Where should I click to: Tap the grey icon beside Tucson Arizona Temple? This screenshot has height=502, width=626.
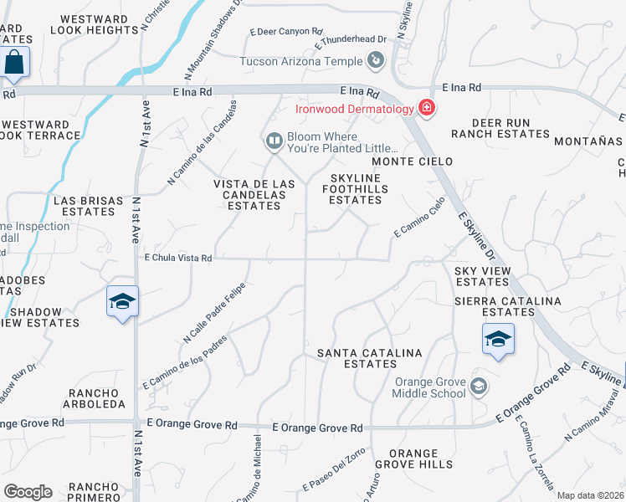[x=375, y=60]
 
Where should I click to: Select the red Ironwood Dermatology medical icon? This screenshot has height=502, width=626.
[x=426, y=108]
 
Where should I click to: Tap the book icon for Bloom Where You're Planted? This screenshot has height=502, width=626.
[x=274, y=142]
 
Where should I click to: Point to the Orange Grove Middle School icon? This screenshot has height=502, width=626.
[x=478, y=386]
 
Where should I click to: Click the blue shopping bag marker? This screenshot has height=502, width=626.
[x=14, y=64]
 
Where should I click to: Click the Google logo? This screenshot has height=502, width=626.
[x=28, y=492]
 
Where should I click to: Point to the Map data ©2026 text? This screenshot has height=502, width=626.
[x=589, y=495]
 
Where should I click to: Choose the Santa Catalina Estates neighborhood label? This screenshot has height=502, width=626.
[x=369, y=358]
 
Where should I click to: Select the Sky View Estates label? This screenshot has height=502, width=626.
[x=482, y=276]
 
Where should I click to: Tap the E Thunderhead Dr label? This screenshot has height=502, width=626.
[x=351, y=39]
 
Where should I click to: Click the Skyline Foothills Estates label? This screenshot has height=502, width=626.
[x=355, y=189]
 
